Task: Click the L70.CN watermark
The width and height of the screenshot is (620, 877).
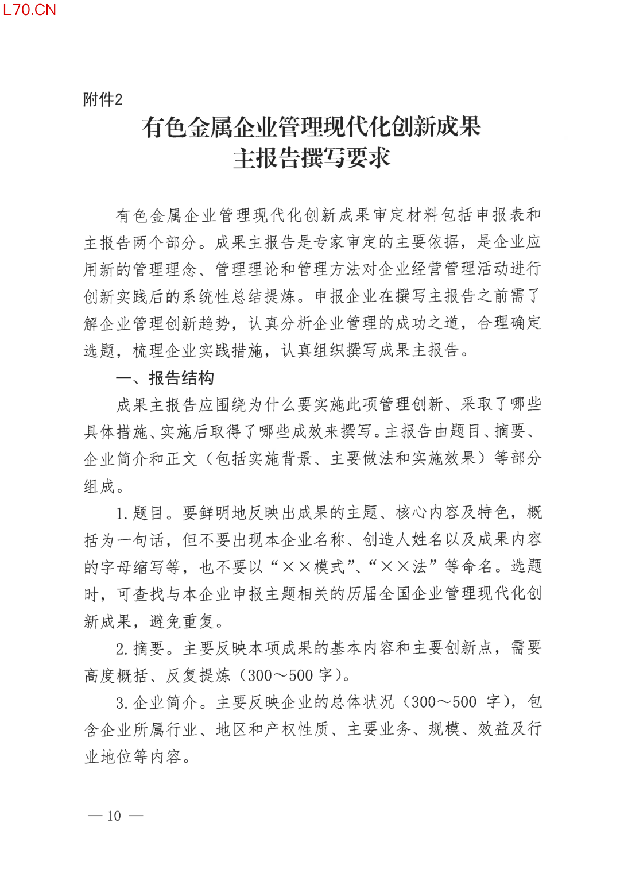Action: (x=30, y=10)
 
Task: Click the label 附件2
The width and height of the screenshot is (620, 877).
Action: (x=103, y=99)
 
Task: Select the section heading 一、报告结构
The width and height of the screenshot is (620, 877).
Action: (x=165, y=378)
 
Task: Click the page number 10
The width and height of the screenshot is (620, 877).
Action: (x=114, y=816)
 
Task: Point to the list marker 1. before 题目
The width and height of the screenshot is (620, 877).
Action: (x=122, y=513)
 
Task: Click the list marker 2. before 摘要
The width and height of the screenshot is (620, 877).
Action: (x=122, y=649)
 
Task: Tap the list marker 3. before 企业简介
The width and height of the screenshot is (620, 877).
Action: (x=122, y=703)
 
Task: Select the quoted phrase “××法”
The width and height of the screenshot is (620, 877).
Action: (x=402, y=567)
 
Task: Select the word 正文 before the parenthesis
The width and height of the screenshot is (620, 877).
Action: (x=182, y=459)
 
